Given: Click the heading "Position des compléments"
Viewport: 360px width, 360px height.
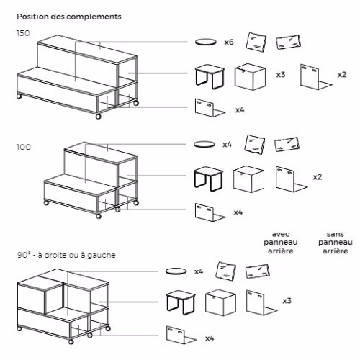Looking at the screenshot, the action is coord(69,17).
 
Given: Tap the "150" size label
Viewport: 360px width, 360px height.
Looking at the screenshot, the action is coord(23,33).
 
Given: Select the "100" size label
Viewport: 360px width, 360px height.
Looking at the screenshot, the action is coord(24,147).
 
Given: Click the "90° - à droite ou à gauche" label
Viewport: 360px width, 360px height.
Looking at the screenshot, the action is coord(66,255).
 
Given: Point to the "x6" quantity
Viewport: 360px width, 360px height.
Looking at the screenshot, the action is coord(229,42).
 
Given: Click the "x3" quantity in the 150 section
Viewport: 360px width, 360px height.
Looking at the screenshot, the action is coord(281,75).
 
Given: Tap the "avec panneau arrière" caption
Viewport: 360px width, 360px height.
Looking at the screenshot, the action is coord(281,243).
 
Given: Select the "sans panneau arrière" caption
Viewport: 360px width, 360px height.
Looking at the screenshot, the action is coord(336,243).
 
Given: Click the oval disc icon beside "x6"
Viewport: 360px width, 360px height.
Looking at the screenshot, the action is coord(206,42).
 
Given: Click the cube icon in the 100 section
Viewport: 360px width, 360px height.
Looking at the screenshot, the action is coord(248,179).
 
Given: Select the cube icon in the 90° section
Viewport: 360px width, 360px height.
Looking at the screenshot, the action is coord(220,302).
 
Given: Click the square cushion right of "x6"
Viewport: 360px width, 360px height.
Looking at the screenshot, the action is coord(256,42).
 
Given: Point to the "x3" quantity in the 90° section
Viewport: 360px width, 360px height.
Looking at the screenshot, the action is coord(287,301).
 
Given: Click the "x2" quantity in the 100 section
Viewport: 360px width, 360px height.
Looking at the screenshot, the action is coord(318,177).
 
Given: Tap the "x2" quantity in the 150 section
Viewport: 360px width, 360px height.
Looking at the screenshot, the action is coord(342,75).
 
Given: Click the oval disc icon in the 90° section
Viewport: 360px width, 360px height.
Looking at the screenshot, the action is coord(176,271).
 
